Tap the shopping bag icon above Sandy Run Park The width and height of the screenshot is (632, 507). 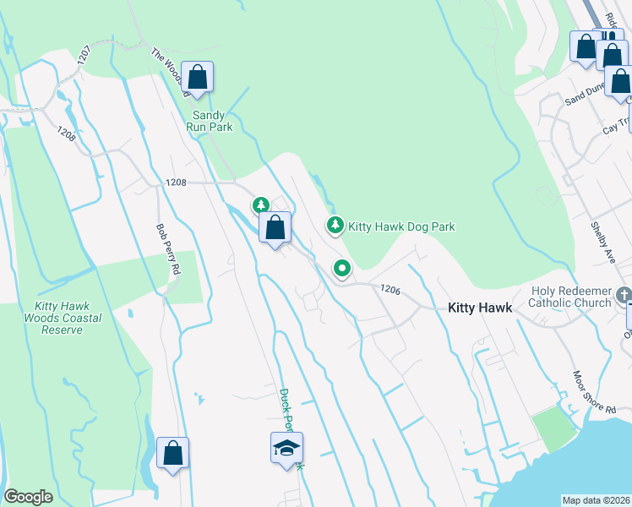coord(197,78)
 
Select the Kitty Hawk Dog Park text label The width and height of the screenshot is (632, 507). coord(401,226)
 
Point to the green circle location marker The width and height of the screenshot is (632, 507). coord(342,269)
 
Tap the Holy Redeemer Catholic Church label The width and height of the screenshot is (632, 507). coord(570,297)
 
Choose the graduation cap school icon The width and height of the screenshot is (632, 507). coord(286,447)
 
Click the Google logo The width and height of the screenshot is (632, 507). coord(29,497)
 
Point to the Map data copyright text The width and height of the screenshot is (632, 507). coord(596,500)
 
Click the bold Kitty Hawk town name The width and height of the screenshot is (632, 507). coord(479,308)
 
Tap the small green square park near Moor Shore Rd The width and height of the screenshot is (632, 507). coord(552,429)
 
